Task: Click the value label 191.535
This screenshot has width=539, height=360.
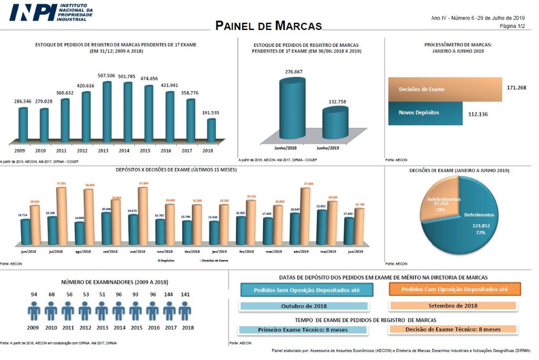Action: (211, 113)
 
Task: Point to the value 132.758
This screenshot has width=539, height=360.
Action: (335, 101)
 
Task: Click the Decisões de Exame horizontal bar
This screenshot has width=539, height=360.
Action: (445, 89)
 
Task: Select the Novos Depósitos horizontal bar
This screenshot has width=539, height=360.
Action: (425, 113)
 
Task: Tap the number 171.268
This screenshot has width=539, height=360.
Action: (515, 87)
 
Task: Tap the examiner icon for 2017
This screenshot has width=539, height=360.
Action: (169, 312)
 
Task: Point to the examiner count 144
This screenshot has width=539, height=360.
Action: (169, 294)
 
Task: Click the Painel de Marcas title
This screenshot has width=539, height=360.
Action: (268, 26)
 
